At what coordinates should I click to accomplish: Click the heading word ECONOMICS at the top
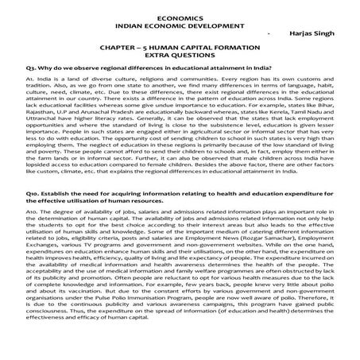coord(180,16)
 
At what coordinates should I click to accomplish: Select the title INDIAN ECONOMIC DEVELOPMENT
coord(180,25)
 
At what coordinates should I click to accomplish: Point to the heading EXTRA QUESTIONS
coord(180,58)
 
